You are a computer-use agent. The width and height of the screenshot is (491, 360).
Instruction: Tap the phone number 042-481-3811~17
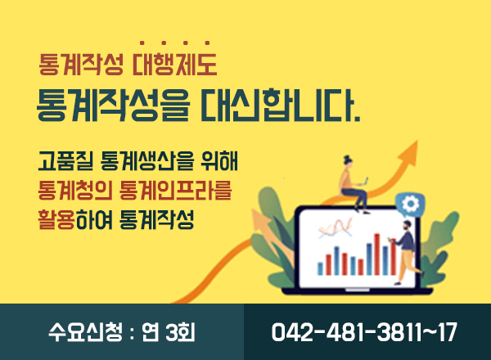(364, 333)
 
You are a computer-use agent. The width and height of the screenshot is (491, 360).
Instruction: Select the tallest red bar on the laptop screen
(377, 253)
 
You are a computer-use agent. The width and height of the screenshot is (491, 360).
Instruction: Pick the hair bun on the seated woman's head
(347, 161)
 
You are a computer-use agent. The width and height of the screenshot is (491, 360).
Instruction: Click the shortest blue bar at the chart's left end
(320, 268)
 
